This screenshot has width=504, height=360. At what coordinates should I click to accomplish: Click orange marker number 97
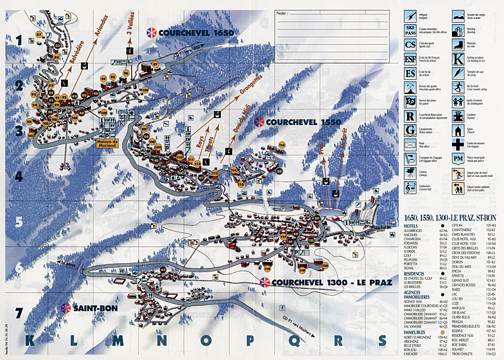pyautogui.click(x=155, y=64)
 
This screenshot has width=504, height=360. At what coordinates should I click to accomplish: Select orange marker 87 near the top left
pyautogui.click(x=40, y=35)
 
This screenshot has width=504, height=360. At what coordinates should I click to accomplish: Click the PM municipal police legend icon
pyautogui.click(x=457, y=158)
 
